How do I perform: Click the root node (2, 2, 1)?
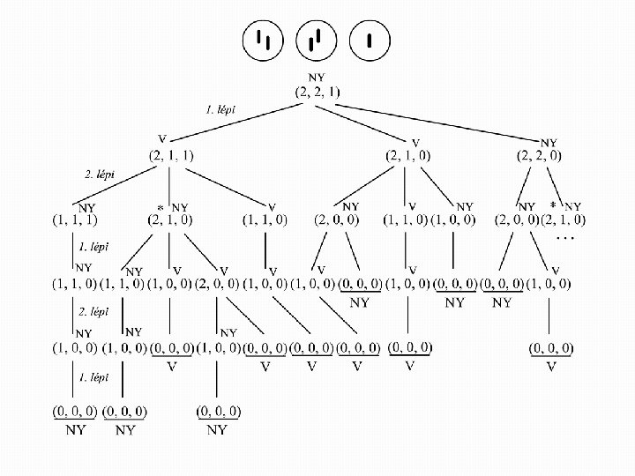point(317,92)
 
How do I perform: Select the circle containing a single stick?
point(371,41)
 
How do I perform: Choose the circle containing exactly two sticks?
point(263,41)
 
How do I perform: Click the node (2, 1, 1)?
point(170,155)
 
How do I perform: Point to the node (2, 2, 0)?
point(540,155)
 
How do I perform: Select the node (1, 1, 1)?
point(74,219)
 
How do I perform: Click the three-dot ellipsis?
point(566,237)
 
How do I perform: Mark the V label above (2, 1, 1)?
point(162,140)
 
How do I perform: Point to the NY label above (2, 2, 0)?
point(549,141)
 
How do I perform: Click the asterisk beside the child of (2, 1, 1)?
point(161,207)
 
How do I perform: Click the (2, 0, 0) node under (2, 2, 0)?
point(516,219)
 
